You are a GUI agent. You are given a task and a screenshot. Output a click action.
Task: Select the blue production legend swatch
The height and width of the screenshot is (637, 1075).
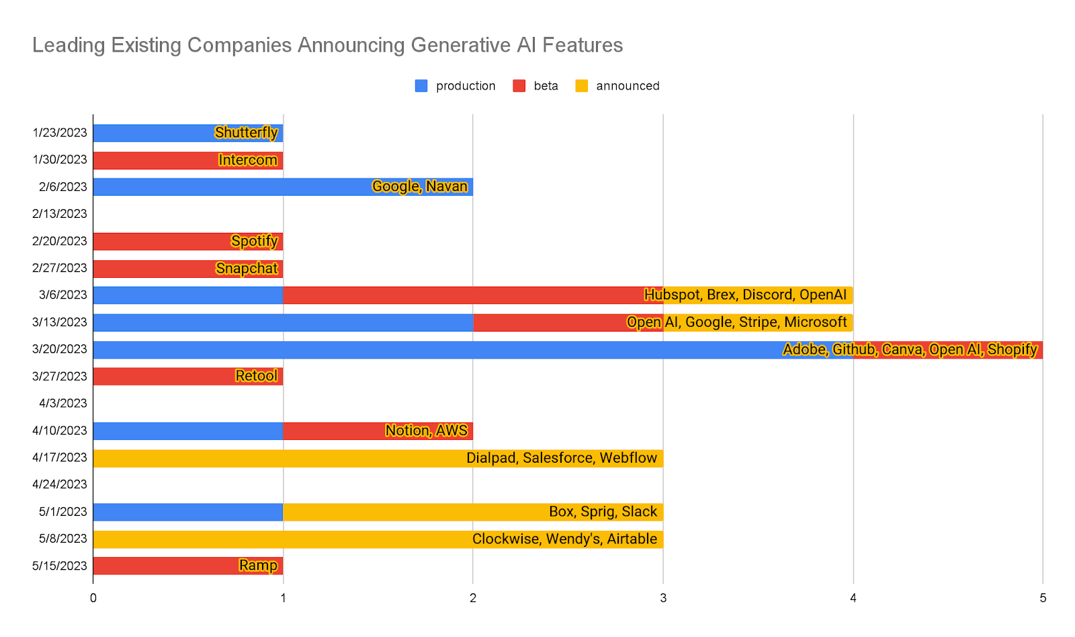pos(421,86)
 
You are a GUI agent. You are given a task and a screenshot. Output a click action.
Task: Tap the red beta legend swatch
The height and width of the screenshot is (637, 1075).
pos(519,86)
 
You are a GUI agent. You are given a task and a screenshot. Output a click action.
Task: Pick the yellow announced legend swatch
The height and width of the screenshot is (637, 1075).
pos(582,86)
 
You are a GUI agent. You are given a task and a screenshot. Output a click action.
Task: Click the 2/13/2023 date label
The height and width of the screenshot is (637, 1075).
pos(60,214)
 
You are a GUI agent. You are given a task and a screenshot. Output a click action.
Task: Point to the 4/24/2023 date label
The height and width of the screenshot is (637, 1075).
pos(60,484)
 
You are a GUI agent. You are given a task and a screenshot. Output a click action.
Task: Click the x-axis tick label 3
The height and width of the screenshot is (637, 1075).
pos(663,598)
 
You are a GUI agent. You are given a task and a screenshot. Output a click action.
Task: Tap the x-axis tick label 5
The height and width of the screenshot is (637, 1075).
pos(1043,598)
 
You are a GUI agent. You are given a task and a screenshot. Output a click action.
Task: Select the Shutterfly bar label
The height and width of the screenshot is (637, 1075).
pos(246,133)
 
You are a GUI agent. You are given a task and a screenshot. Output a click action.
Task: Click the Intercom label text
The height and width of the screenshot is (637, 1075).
pos(248,160)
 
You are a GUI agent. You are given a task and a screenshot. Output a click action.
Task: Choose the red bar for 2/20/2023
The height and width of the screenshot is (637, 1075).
pos(161,241)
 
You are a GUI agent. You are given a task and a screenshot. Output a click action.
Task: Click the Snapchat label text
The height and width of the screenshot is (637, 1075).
pos(247,268)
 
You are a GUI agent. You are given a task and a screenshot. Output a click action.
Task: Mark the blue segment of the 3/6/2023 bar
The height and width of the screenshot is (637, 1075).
pos(188,295)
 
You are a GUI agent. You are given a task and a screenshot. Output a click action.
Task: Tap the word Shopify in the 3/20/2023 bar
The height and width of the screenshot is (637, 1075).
pos(1012,350)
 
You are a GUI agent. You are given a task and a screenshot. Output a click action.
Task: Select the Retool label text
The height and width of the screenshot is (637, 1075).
pos(256,376)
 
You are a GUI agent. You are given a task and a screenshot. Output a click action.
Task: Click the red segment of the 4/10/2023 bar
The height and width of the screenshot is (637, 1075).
pos(336,431)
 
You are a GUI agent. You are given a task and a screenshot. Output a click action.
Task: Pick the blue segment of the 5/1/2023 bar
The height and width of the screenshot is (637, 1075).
pos(188,512)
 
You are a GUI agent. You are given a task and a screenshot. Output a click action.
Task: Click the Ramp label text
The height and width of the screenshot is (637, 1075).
pos(258,566)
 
